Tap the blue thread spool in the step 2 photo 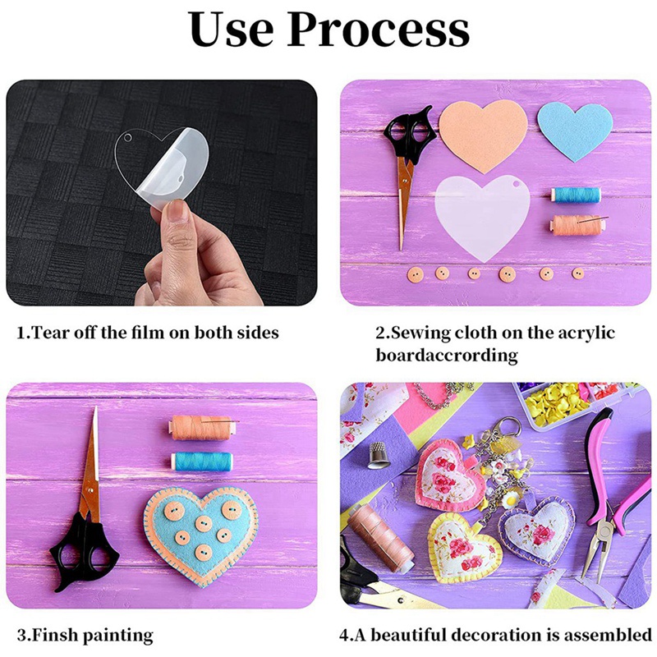pos(576,195)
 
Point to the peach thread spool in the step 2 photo pos(576,223)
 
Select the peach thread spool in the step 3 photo pos(201,427)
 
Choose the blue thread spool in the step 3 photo pos(201,460)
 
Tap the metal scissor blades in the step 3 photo pos(90,468)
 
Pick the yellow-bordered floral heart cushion pos(464,549)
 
